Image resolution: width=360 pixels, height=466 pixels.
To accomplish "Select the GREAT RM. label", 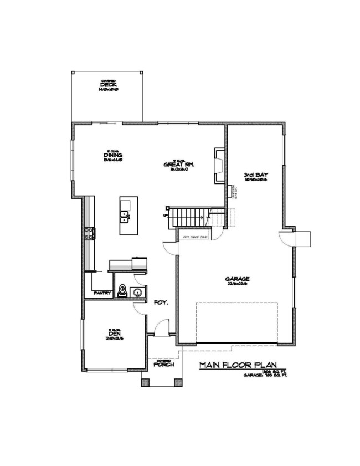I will [x=178, y=165].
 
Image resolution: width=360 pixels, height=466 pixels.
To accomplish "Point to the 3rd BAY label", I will [x=256, y=176].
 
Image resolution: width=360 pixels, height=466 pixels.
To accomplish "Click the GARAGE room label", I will [x=238, y=280].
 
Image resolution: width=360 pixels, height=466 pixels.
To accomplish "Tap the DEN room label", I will [x=115, y=334].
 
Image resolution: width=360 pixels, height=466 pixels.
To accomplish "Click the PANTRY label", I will [x=103, y=293].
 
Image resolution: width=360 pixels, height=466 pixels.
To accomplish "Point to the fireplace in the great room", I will [x=219, y=166].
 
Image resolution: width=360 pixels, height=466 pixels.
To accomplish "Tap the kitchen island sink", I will [x=125, y=216].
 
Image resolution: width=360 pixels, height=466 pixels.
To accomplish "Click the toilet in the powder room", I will [x=124, y=291].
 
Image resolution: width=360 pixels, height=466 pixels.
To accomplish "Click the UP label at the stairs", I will [x=165, y=215].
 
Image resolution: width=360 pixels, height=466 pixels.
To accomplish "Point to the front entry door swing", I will [x=161, y=329].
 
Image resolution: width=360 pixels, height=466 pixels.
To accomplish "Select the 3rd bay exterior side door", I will [x=289, y=238].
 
